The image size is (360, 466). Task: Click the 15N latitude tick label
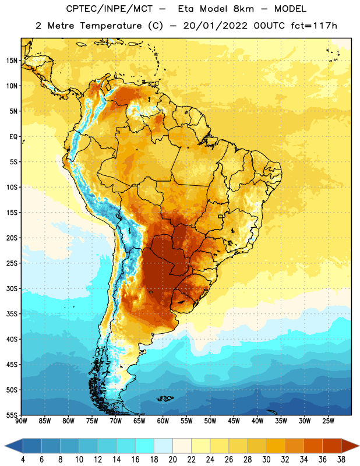tap(12, 61)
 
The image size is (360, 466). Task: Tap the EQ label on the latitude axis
tap(13, 137)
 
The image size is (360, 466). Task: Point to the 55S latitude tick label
tap(12, 415)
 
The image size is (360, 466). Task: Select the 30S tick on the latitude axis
tap(12, 288)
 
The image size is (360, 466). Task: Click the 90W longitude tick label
tap(21, 421)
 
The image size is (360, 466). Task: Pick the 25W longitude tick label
tap(328, 421)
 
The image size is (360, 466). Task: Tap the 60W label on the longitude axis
tap(163, 421)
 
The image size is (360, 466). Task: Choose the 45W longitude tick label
tap(234, 421)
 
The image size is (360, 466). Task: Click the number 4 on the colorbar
tap(23, 460)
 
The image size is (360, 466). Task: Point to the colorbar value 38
tap(341, 460)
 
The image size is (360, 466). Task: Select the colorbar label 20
tap(172, 460)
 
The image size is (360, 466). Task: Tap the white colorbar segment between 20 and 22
tap(182, 446)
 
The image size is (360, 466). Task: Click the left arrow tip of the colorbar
tap(5, 446)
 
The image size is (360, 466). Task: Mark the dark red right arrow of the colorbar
tap(350, 446)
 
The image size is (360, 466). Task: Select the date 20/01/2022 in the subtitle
tap(215, 26)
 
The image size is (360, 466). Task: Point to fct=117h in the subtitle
tap(314, 26)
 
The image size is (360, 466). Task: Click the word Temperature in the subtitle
tap(111, 26)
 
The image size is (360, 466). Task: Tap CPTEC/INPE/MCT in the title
tap(110, 9)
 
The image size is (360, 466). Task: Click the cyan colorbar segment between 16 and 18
tap(145, 446)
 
